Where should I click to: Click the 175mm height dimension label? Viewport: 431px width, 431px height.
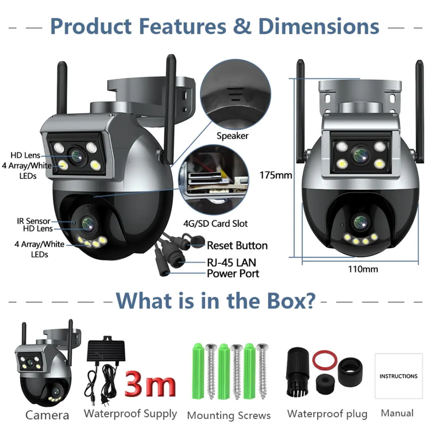coord(276,175)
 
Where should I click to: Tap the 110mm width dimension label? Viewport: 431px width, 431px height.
coord(363,269)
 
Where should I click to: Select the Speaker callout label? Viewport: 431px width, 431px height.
coord(232,136)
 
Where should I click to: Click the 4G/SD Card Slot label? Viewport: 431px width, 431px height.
coord(215,224)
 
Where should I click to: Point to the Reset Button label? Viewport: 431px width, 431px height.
coord(237,245)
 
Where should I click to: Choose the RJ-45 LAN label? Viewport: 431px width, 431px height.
coord(232,263)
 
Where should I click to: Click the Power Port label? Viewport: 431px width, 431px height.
coord(233,274)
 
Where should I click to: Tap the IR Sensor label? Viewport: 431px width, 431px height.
coord(33,221)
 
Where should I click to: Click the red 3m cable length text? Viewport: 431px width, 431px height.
coord(150,383)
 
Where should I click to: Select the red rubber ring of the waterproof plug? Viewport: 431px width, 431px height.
coord(325,360)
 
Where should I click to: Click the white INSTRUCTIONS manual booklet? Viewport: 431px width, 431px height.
coord(399,376)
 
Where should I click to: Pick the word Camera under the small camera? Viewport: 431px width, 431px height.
coord(47,415)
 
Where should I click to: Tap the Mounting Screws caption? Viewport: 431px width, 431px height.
coord(229,415)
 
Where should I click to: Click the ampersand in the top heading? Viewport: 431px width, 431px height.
coord(241,26)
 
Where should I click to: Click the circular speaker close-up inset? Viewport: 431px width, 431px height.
coord(236,95)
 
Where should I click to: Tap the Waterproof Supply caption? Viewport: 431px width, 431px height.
coord(130,414)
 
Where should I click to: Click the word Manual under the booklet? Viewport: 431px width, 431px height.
coord(397,413)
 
